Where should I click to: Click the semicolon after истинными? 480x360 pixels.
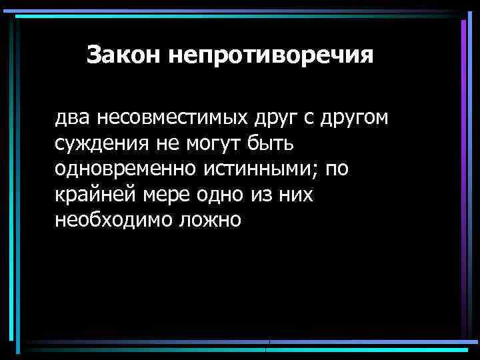pos(317,171)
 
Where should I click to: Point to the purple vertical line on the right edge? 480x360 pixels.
pos(463,180)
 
